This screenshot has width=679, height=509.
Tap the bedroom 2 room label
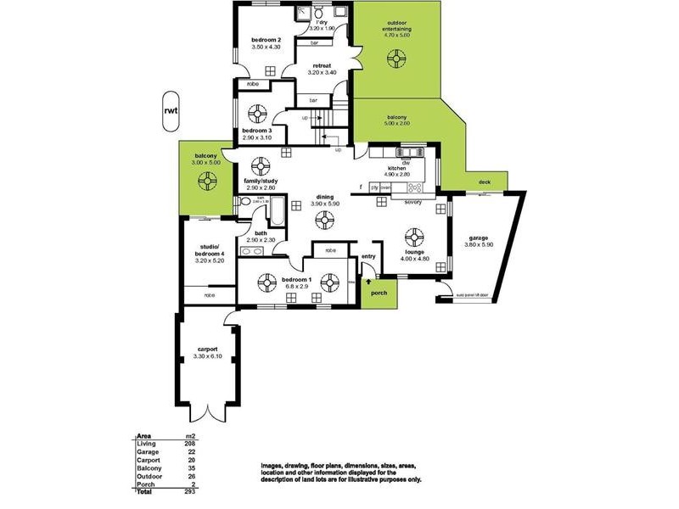click(267, 40)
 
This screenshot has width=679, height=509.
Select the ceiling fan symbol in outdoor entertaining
click(395, 59)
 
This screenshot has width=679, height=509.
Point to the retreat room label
click(322, 64)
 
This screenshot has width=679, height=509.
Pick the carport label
click(207, 349)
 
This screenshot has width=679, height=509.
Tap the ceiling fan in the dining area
click(323, 221)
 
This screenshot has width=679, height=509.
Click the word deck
click(484, 182)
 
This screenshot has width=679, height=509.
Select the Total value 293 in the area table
click(190, 492)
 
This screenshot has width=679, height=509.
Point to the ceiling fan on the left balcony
click(205, 180)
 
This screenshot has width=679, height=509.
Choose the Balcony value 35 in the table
click(190, 467)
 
